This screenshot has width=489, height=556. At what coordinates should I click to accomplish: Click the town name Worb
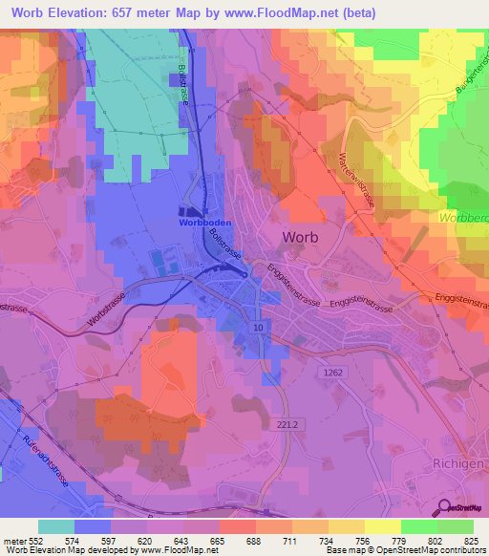click(301, 238)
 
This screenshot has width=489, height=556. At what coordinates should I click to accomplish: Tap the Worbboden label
click(203, 222)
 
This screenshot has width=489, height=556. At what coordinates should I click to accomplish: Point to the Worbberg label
click(464, 219)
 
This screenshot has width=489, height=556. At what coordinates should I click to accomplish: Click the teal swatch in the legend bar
click(56, 526)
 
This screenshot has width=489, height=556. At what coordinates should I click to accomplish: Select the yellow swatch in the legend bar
click(382, 526)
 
